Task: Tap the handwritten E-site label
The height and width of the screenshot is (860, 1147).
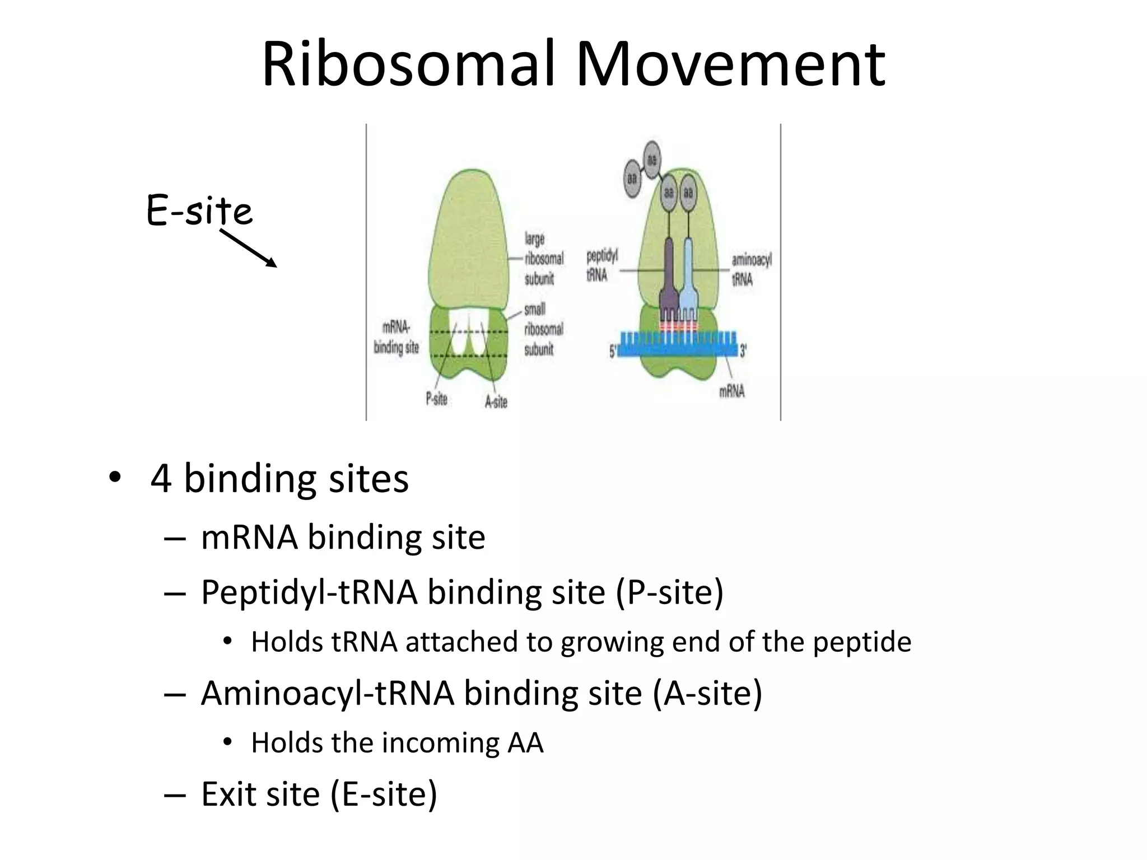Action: [199, 211]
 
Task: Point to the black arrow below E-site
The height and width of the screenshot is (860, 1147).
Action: [249, 248]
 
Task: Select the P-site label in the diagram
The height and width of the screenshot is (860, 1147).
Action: [436, 399]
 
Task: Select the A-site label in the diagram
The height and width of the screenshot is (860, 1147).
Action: [496, 401]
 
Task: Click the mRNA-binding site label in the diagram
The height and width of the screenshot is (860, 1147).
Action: [396, 338]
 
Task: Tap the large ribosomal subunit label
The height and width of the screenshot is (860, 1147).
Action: [543, 259]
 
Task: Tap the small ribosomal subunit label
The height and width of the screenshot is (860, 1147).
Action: [543, 329]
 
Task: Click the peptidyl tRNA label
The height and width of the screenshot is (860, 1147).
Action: [601, 265]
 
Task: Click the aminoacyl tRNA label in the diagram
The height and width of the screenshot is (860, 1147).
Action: [750, 269]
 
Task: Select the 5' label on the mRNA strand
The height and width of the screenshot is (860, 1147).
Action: [612, 352]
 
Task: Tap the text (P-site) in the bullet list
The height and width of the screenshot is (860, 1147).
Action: [669, 592]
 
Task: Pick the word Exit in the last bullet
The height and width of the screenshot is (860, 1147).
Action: [231, 794]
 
